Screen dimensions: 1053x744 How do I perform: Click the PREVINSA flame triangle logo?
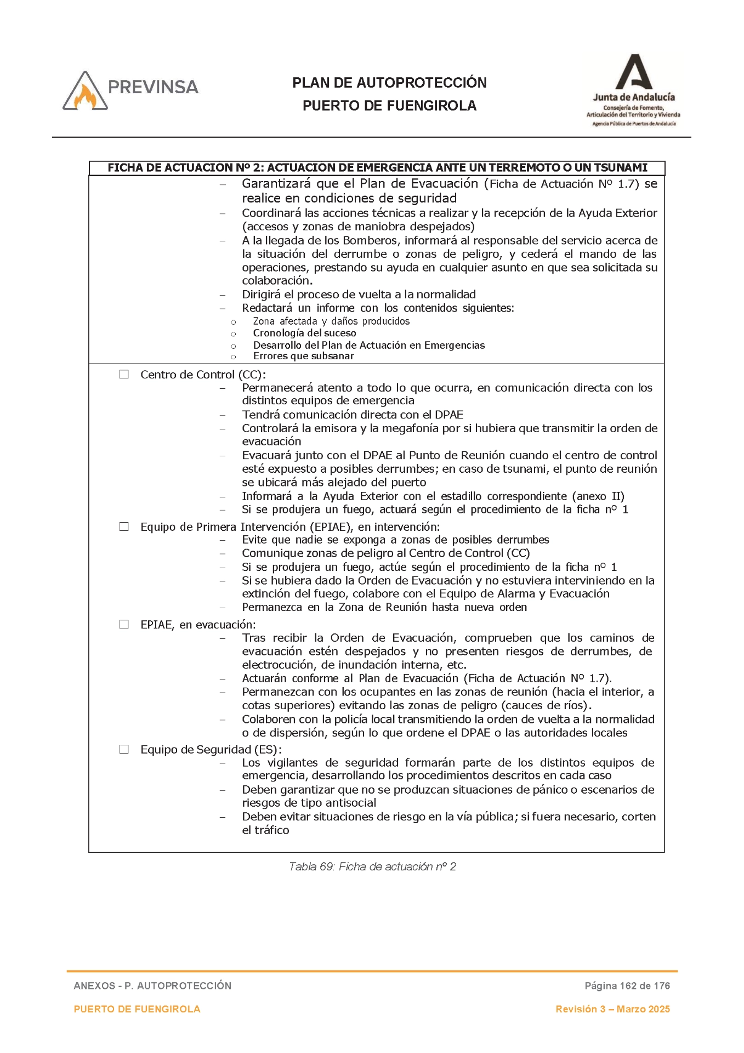(85, 92)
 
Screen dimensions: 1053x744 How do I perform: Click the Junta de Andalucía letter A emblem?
(633, 72)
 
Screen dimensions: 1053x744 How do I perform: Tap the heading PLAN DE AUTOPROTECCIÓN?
(389, 83)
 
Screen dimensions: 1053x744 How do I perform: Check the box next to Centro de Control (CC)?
(124, 375)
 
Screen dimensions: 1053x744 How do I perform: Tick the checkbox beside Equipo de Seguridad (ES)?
(124, 749)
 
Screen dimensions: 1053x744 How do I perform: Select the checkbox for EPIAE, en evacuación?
(124, 624)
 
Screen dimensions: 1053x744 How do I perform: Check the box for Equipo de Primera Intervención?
(124, 526)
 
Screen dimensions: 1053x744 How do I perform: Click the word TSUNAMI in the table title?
(620, 168)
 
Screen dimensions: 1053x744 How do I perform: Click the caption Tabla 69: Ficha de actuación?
(372, 867)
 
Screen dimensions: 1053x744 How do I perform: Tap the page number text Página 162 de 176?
(627, 986)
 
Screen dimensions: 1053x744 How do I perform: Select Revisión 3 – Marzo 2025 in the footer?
(612, 1009)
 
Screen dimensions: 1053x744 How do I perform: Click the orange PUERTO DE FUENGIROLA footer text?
(137, 1009)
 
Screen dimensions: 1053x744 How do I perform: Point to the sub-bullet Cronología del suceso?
(304, 333)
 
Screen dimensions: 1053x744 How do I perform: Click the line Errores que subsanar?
(303, 356)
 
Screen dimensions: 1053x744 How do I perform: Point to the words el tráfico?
(265, 830)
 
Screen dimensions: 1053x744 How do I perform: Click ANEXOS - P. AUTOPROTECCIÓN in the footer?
(152, 986)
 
